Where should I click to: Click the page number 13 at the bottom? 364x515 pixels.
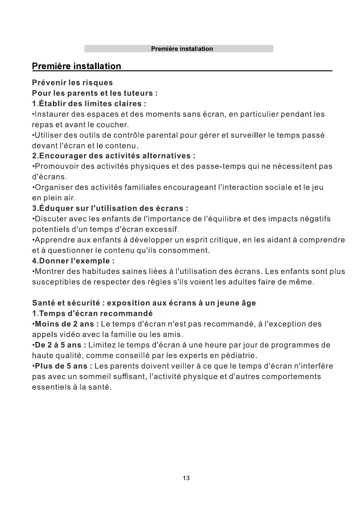186,478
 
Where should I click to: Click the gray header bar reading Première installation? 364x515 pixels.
179,49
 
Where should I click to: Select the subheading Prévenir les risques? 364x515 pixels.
72,83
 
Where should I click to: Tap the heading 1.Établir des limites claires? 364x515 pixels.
89,104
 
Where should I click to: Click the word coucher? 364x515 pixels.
112,125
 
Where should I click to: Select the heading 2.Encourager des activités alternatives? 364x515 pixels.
114,156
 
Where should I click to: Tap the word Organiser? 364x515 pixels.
54,187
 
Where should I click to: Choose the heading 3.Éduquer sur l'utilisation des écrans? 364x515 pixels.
110,209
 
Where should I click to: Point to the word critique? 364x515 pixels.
223,240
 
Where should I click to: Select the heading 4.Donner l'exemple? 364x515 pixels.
73,261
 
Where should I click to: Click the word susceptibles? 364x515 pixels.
56,282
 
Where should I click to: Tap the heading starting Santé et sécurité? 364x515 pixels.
144,303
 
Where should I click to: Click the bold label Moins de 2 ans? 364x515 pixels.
67,324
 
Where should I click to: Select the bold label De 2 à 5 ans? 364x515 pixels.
61,345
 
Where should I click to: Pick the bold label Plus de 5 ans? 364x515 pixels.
63,366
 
